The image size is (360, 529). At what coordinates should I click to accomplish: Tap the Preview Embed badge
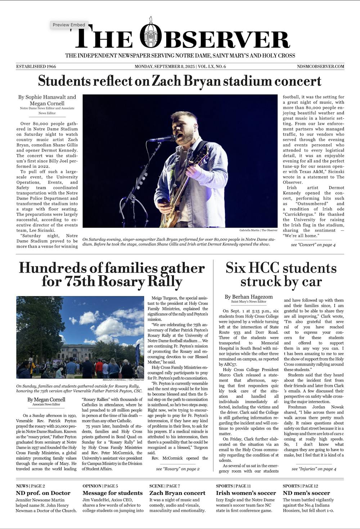coord(69,25)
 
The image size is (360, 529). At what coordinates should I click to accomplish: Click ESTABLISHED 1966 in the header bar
coord(36,67)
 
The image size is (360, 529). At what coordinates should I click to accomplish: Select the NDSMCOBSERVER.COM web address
coord(320,67)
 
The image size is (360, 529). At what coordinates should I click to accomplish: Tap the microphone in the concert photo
coord(162,139)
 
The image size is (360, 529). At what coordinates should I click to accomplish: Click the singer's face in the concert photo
coord(183,127)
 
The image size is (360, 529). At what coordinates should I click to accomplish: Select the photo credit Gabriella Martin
coord(258,230)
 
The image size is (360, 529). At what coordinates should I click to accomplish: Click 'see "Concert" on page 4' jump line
coord(313,245)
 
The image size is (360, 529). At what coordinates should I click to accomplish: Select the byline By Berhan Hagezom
coord(248,297)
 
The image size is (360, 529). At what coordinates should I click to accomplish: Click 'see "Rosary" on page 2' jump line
coord(177,469)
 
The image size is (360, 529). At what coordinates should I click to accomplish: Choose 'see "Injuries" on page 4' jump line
coord(314,469)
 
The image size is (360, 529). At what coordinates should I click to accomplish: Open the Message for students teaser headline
coord(113,493)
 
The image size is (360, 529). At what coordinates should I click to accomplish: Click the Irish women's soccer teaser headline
coord(246,493)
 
